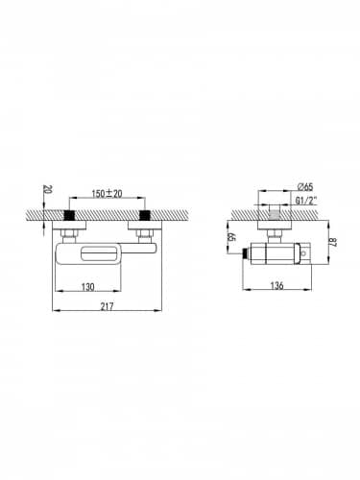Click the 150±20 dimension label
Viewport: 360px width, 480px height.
(107, 194)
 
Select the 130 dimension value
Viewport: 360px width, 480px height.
(87, 286)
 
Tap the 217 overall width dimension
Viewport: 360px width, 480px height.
(107, 306)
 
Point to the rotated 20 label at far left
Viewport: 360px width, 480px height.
(47, 190)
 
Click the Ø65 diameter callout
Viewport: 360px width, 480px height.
(305, 186)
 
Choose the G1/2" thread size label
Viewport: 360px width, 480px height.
(305, 201)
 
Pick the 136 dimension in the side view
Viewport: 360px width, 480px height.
(276, 285)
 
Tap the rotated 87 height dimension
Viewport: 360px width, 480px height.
(333, 241)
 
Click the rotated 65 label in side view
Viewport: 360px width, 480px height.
(231, 237)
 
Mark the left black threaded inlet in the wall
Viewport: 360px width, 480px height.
(70, 215)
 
